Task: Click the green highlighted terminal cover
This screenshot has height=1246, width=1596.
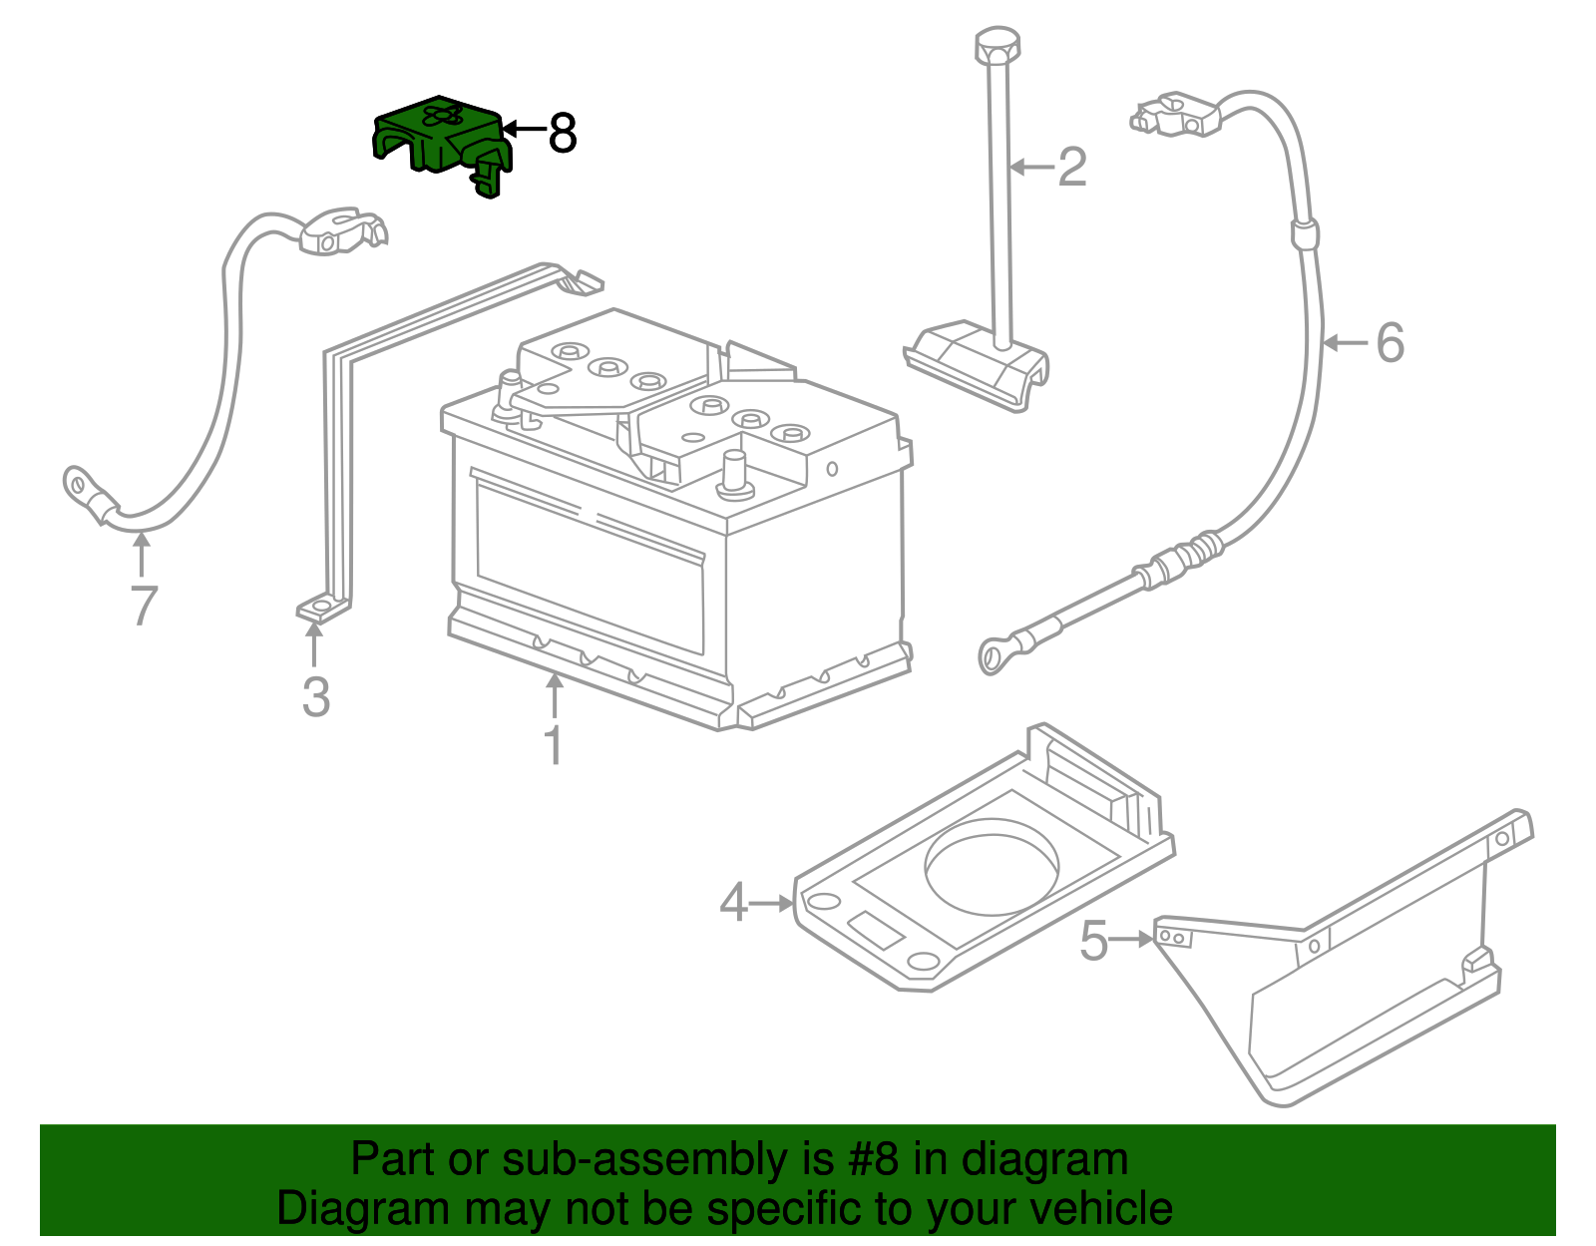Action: (x=439, y=140)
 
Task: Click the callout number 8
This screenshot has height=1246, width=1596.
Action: (x=563, y=133)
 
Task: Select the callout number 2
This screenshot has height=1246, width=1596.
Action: (x=1071, y=167)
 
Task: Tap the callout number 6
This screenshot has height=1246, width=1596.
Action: (x=1390, y=343)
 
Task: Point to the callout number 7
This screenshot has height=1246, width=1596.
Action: (x=144, y=606)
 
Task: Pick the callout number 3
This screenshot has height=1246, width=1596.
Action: (x=315, y=697)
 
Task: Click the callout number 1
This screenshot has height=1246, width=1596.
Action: (x=553, y=745)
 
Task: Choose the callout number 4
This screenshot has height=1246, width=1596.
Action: (x=733, y=904)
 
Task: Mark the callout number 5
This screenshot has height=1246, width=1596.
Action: (x=1094, y=941)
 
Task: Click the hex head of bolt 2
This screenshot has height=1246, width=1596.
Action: (x=997, y=46)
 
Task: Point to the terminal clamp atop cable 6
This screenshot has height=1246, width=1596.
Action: (x=1177, y=113)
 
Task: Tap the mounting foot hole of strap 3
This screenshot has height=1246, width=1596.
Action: (x=321, y=608)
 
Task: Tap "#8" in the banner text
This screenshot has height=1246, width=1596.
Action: (x=874, y=1160)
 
